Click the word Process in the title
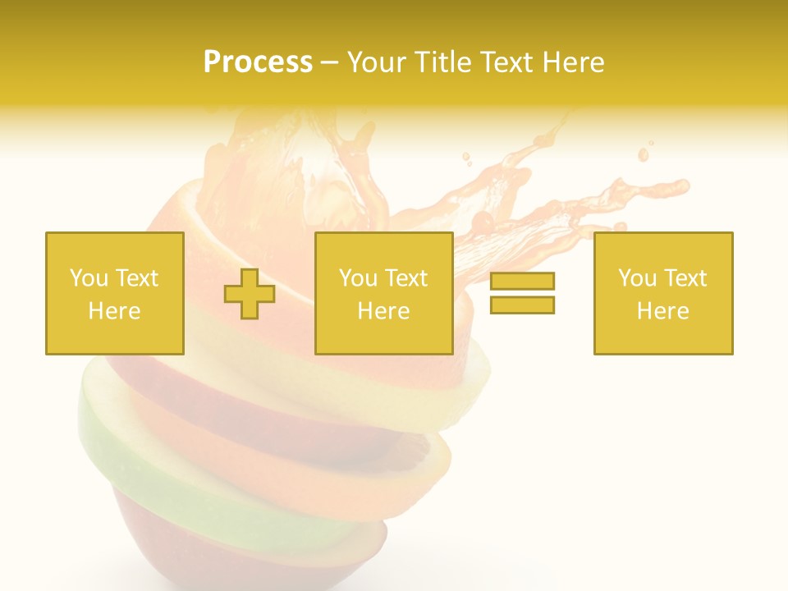pyautogui.click(x=258, y=62)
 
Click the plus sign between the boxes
pyautogui.click(x=250, y=294)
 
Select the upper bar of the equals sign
pyautogui.click(x=522, y=282)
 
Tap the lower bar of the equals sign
pyautogui.click(x=522, y=305)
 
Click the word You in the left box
pyautogui.click(x=89, y=278)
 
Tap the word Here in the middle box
pyautogui.click(x=384, y=311)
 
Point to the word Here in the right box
pyautogui.click(x=663, y=311)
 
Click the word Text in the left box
pyautogui.click(x=136, y=278)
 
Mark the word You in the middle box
pyautogui.click(x=358, y=278)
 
